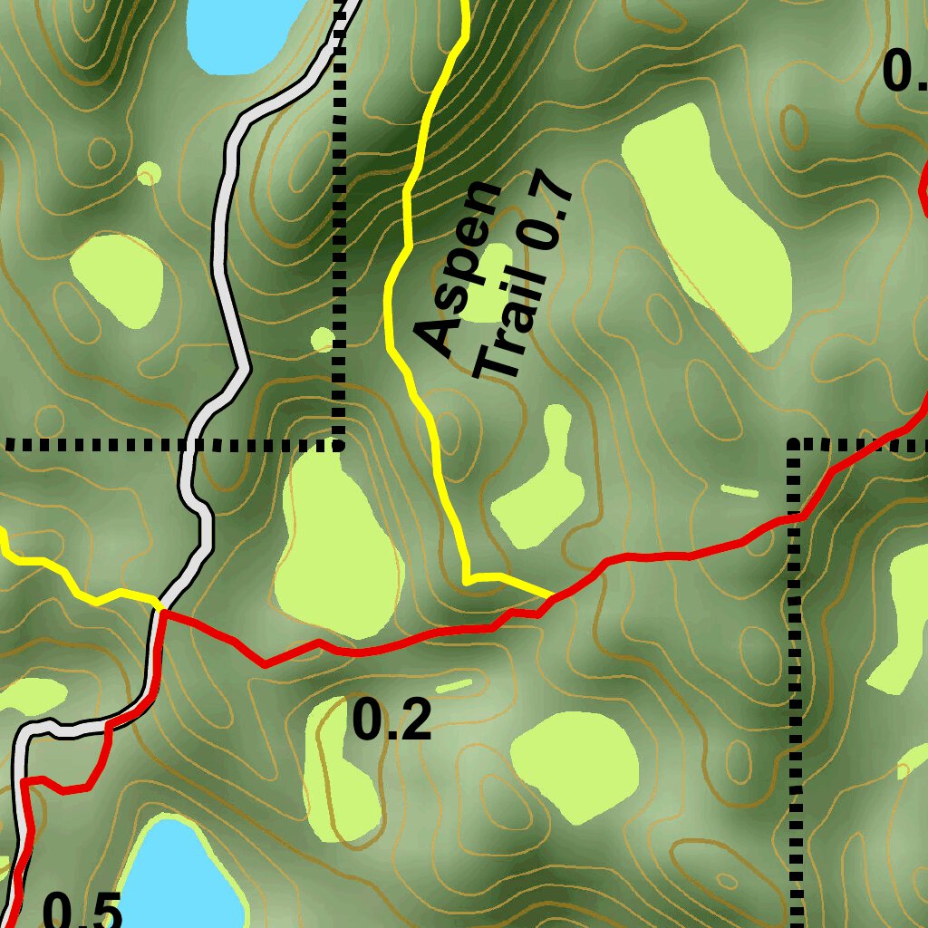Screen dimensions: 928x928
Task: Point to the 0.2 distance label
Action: (x=391, y=721)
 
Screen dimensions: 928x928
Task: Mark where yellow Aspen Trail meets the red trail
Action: (x=553, y=596)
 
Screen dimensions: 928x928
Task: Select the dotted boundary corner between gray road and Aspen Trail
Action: (x=339, y=444)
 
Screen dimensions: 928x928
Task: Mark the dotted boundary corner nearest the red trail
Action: (x=795, y=444)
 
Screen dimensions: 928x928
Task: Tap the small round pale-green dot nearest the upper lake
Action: (x=150, y=172)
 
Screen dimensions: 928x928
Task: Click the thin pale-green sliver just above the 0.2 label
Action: (x=454, y=685)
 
